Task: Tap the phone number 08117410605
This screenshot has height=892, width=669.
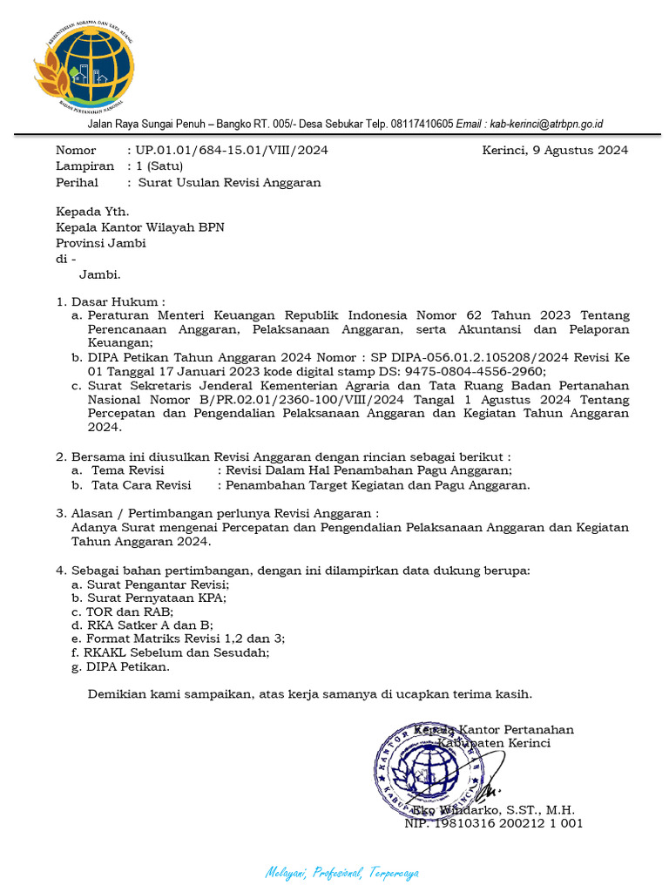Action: click(422, 124)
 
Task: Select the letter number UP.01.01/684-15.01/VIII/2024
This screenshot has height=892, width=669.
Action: click(232, 150)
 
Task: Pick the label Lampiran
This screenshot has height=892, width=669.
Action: click(84, 166)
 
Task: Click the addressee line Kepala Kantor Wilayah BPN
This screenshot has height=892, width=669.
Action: click(139, 226)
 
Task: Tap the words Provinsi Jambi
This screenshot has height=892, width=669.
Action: click(100, 243)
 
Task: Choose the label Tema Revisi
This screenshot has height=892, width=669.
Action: click(127, 470)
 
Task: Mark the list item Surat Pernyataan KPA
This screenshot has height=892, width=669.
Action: click(157, 598)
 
